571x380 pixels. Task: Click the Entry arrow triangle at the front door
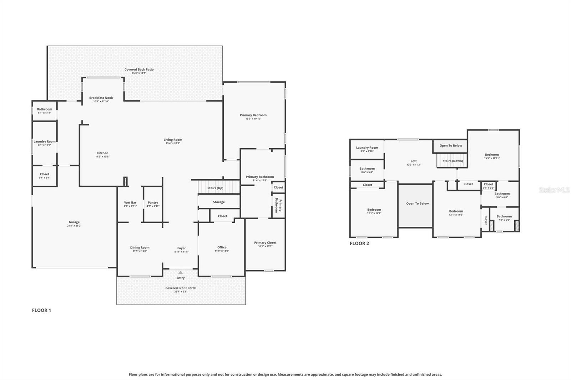point(181,273)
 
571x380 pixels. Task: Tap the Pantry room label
point(153,202)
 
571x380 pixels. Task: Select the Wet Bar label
point(130,202)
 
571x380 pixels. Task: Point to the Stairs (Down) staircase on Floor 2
point(452,160)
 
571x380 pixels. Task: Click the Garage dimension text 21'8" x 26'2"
point(74,226)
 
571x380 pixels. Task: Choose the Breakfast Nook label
point(101,98)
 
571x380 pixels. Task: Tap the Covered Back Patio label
point(139,70)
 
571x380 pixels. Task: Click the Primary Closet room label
point(265,243)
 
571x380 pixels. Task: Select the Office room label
point(222,247)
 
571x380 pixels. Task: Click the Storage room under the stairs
point(219,202)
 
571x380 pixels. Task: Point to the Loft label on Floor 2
point(414,161)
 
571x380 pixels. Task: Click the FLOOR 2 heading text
point(359,243)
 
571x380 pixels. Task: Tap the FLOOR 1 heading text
point(41,310)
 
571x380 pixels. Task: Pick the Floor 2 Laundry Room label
point(367,148)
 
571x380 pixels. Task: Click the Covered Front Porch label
point(181,288)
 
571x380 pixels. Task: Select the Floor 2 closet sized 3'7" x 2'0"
point(488,186)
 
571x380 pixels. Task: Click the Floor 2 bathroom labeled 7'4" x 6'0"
point(504,218)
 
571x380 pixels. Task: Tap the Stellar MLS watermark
point(554,190)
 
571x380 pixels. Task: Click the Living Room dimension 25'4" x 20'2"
point(173,143)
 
